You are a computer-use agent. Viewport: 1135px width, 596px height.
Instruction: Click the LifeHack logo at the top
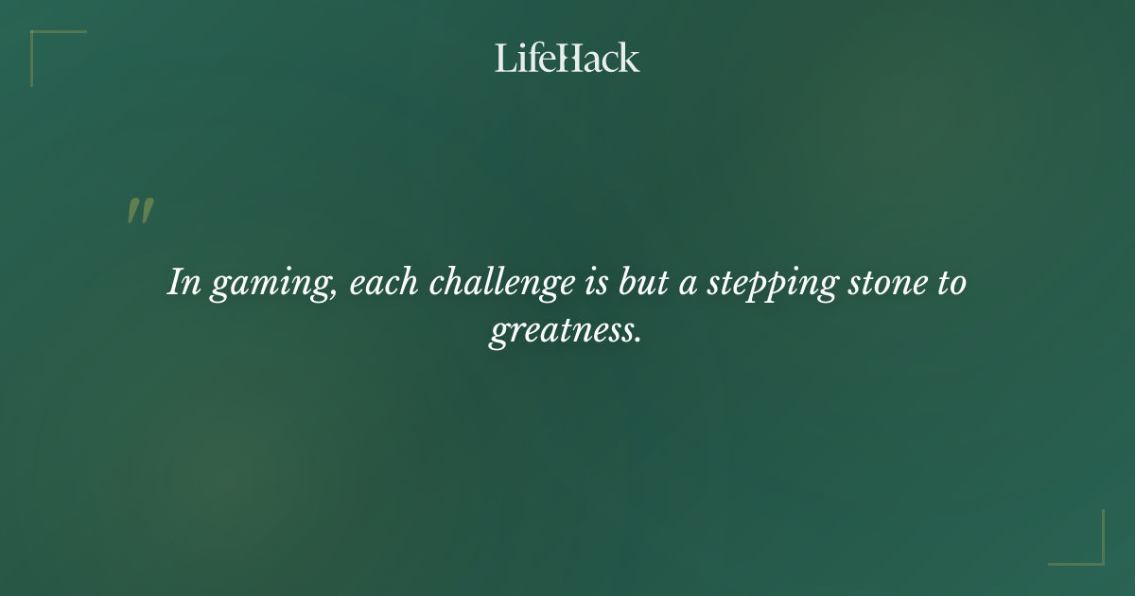click(x=567, y=58)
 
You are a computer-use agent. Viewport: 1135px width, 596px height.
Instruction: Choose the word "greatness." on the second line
click(x=566, y=333)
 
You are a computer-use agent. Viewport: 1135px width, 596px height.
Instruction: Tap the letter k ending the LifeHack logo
click(x=630, y=58)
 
